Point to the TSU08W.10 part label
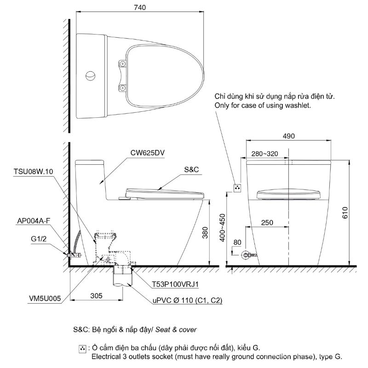coord(34,172)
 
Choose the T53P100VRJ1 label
coord(177,285)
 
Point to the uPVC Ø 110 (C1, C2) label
coord(187,300)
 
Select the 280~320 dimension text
coord(264,154)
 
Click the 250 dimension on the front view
coord(267,223)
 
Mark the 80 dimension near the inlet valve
coord(237,242)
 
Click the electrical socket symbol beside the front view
coord(237,188)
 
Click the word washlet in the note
coord(299,105)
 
